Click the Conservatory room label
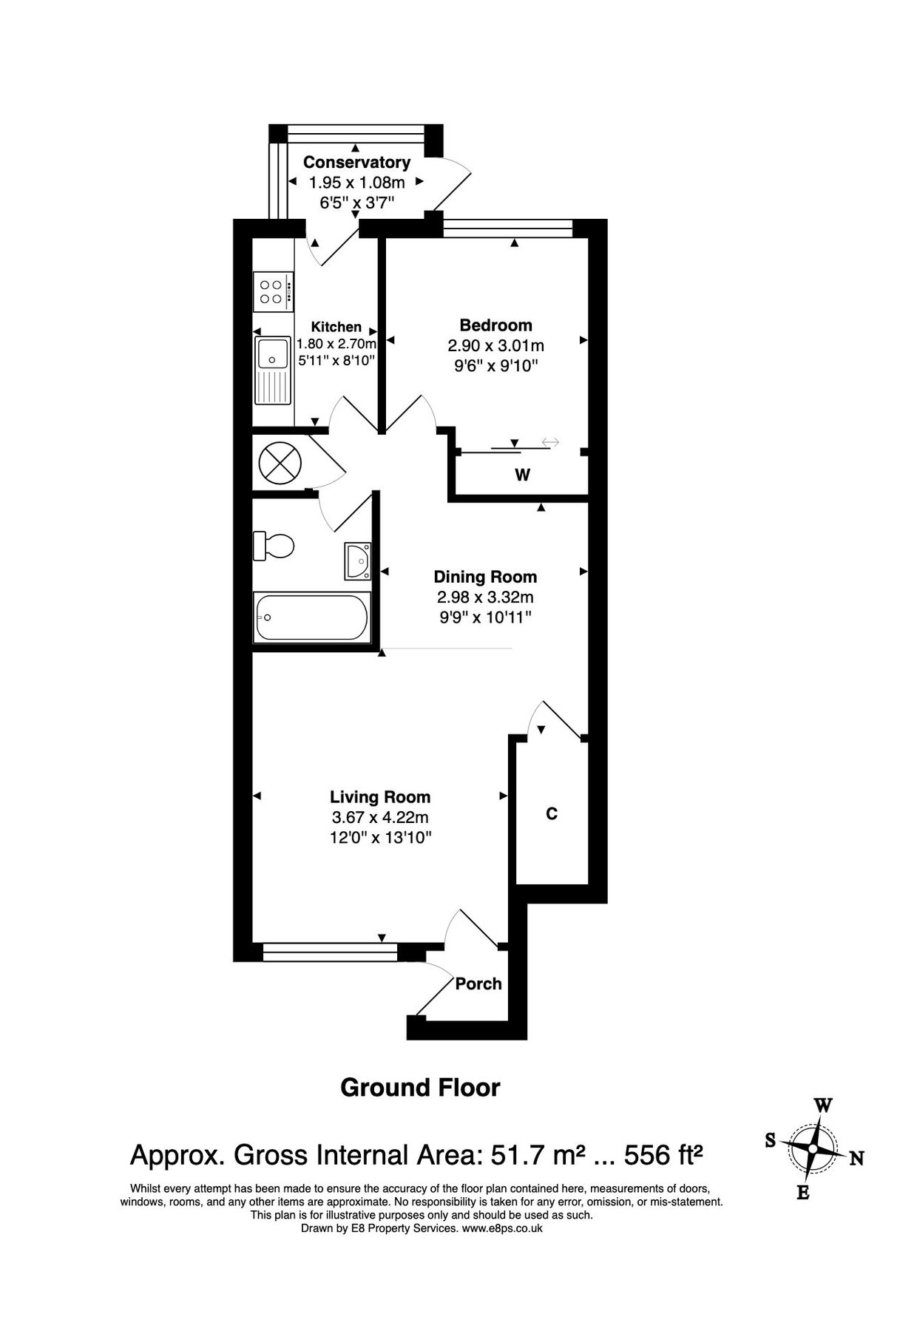point(356,162)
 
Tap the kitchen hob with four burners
point(272,291)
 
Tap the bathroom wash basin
point(358,560)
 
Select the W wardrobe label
point(522,475)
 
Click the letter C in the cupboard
point(551,813)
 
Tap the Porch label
point(478,983)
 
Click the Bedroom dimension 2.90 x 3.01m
point(495,345)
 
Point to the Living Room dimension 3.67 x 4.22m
point(380,817)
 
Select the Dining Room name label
point(485,577)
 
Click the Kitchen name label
point(336,327)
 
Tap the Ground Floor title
point(420,1087)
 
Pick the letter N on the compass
point(856,1159)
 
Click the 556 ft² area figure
point(663,1154)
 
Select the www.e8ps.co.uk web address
point(502,1228)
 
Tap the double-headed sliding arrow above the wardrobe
point(550,442)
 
